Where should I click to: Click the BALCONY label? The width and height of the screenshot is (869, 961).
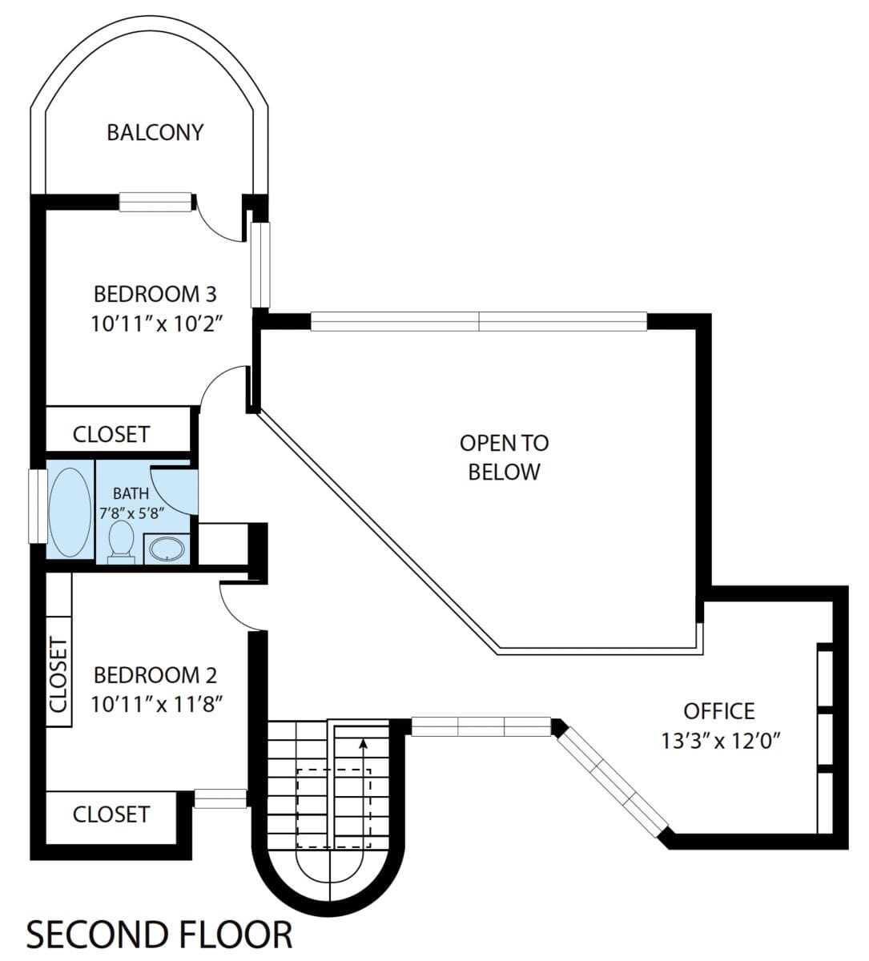coord(155,132)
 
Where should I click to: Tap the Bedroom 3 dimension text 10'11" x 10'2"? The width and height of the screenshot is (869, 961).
coord(155,324)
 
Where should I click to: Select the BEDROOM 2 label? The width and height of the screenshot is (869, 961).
coord(155,675)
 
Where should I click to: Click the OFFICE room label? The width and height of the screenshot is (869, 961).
coord(718,710)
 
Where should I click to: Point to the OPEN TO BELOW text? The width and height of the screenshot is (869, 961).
coord(504,457)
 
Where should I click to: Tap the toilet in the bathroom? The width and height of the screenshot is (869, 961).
coord(121,540)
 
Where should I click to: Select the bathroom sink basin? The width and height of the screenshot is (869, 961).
coord(167,549)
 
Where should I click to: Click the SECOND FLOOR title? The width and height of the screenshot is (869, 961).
coord(159,935)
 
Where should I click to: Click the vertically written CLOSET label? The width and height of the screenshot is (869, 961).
coord(58,674)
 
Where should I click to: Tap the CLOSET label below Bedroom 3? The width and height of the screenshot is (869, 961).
coord(111,434)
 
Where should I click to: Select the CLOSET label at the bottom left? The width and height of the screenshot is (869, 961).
coord(111,814)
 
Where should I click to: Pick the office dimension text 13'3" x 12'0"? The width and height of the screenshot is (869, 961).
coord(720,741)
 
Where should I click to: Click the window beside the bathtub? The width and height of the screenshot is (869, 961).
coord(36,505)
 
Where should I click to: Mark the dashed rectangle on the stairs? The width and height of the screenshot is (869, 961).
coord(334,807)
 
